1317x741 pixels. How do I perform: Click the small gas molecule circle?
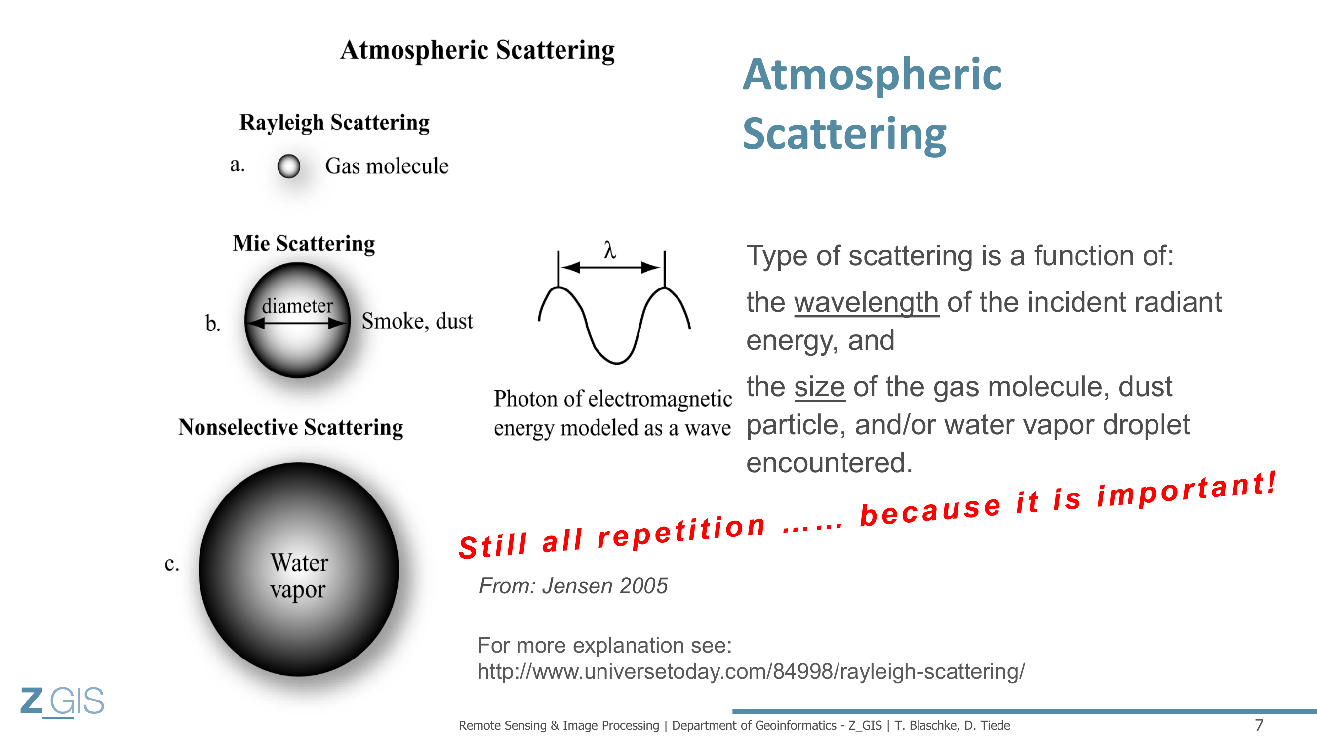coord(289,166)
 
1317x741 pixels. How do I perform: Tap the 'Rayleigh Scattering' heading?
coord(334,123)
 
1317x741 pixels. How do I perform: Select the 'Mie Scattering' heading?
coord(304,244)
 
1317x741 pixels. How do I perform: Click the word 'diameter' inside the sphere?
coord(298,306)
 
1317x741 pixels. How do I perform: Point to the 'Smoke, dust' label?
coord(417,321)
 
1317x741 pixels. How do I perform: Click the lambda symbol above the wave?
coord(609,250)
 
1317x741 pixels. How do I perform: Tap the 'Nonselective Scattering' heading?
coord(290,427)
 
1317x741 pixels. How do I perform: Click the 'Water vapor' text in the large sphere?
coord(299,576)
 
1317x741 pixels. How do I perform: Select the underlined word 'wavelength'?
coord(866,302)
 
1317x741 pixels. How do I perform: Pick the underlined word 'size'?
coord(820,387)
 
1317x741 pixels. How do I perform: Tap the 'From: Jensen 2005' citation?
coord(573,586)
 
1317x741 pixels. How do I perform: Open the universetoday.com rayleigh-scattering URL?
coord(751,671)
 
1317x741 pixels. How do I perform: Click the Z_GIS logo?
coord(62,701)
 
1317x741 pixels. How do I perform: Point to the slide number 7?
coord(1259,725)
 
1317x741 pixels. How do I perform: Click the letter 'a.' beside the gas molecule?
coord(237,165)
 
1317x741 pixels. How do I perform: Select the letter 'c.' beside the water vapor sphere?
coord(172,564)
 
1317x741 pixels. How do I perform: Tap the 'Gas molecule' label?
coord(387,166)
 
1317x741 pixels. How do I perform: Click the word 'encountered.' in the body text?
coord(829,463)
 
